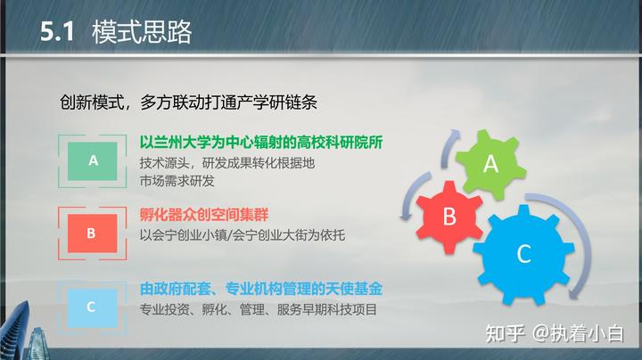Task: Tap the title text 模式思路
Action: pyautogui.click(x=141, y=34)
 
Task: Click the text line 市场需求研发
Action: pyautogui.click(x=177, y=181)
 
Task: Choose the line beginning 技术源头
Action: pyautogui.click(x=227, y=163)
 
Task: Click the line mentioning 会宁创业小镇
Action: pyautogui.click(x=242, y=235)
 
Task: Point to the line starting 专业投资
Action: pyautogui.click(x=259, y=309)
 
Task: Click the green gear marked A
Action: pyautogui.click(x=490, y=163)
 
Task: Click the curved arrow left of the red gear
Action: pyautogui.click(x=406, y=196)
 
